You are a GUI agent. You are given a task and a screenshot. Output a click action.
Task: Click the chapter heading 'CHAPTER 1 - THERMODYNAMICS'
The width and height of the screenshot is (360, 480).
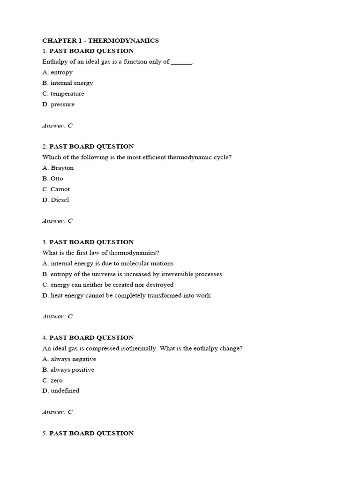[100, 40]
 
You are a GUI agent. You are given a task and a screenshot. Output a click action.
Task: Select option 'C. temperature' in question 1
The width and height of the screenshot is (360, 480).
[63, 94]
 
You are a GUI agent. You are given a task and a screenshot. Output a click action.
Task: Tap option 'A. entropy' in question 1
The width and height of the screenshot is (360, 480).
[57, 72]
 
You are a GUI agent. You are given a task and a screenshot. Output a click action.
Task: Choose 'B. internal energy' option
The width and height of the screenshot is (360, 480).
[67, 83]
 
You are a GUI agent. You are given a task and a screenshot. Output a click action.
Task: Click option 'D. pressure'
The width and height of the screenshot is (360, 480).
[58, 105]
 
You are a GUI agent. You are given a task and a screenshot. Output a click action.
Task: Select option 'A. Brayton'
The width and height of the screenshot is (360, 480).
[58, 168]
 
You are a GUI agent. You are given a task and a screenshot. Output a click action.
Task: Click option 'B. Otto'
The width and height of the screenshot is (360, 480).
[52, 179]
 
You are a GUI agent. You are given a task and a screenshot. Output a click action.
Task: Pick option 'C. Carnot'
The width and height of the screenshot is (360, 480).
[56, 189]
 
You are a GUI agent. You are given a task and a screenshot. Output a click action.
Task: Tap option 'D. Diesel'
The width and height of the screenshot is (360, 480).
[55, 200]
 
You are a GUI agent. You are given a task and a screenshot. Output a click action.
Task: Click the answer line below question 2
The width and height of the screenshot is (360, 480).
[57, 221]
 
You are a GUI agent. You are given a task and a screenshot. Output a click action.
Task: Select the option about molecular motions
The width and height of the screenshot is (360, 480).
[108, 263]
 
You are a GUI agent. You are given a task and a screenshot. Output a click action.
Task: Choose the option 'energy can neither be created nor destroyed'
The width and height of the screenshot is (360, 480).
[108, 285]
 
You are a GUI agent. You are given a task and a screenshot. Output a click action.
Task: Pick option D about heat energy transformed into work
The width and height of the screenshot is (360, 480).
[126, 295]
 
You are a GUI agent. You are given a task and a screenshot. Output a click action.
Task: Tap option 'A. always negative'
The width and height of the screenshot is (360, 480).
[69, 359]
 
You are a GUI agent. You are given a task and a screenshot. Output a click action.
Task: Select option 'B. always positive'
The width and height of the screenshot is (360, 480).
[68, 370]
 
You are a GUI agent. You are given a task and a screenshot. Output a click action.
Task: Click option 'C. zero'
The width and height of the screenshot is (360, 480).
[52, 380]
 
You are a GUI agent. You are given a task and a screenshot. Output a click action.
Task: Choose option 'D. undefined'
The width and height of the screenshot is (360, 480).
[60, 390]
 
